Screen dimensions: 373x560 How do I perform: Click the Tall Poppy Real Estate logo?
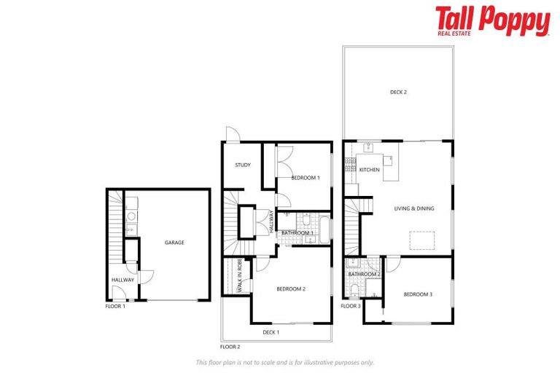(x=492, y=21)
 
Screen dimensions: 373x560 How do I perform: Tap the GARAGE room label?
(x=174, y=243)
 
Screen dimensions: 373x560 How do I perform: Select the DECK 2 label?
(x=398, y=93)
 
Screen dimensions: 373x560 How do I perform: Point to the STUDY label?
(x=243, y=165)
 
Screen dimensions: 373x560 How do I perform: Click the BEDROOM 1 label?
(x=306, y=177)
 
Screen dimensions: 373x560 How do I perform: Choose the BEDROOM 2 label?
(x=290, y=289)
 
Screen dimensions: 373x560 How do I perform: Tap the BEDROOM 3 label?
(x=419, y=294)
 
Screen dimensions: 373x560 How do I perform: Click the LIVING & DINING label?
(x=414, y=208)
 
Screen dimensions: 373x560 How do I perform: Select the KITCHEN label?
(x=370, y=170)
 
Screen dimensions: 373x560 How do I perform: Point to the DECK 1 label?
(x=271, y=332)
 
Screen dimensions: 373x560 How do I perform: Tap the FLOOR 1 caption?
(x=115, y=307)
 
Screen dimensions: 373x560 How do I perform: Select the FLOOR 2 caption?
(x=230, y=347)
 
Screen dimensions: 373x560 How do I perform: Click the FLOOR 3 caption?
(x=351, y=307)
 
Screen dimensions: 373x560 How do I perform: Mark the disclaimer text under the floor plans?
(x=285, y=362)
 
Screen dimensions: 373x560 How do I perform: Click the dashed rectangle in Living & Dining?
(x=422, y=240)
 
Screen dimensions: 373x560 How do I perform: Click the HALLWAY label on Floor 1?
(x=122, y=280)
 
